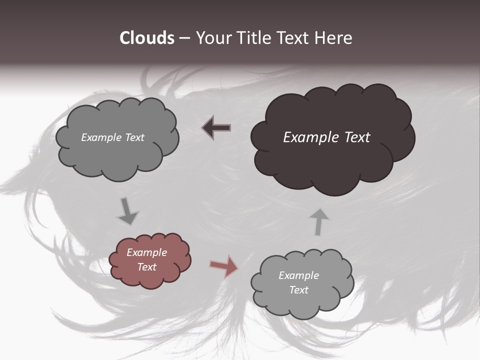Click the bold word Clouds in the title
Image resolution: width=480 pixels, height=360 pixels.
146,38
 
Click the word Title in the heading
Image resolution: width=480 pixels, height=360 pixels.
253,38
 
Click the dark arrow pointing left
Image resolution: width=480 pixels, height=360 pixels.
216,127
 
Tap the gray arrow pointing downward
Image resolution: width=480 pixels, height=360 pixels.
128,211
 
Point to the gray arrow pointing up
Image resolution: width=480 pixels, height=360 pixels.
319,221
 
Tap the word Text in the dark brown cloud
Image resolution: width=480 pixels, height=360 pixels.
354,137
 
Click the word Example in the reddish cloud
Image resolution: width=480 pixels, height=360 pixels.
146,252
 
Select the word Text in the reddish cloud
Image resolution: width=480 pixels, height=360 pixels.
146,267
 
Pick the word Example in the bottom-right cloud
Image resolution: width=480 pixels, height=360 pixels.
298,275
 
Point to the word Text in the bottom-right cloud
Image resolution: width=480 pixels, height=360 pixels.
298,290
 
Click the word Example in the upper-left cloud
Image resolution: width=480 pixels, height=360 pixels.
101,137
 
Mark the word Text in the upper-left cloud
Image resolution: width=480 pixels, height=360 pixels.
134,137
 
